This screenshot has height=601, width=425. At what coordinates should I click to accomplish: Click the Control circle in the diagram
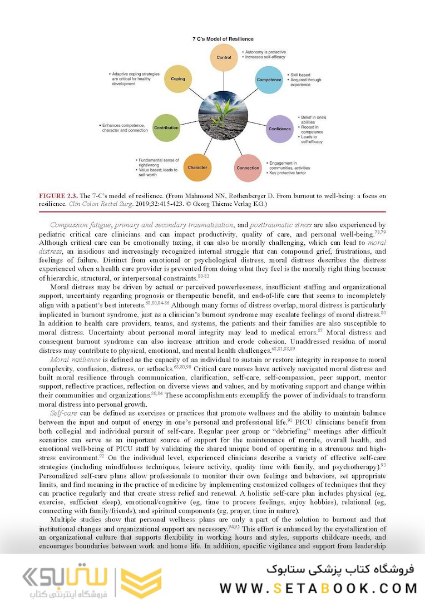click(x=224, y=58)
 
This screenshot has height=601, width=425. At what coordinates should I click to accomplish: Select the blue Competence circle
click(x=269, y=80)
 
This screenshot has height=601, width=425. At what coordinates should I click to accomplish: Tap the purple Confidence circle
click(x=280, y=129)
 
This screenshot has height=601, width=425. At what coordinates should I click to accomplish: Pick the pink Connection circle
click(x=248, y=168)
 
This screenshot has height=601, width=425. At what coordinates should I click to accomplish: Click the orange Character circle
click(x=197, y=168)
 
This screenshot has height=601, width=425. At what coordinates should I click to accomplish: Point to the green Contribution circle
click(x=166, y=128)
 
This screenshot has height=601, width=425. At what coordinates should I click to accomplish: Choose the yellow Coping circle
click(x=178, y=80)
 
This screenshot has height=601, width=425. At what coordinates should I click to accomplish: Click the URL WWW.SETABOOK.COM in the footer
click(x=318, y=588)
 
